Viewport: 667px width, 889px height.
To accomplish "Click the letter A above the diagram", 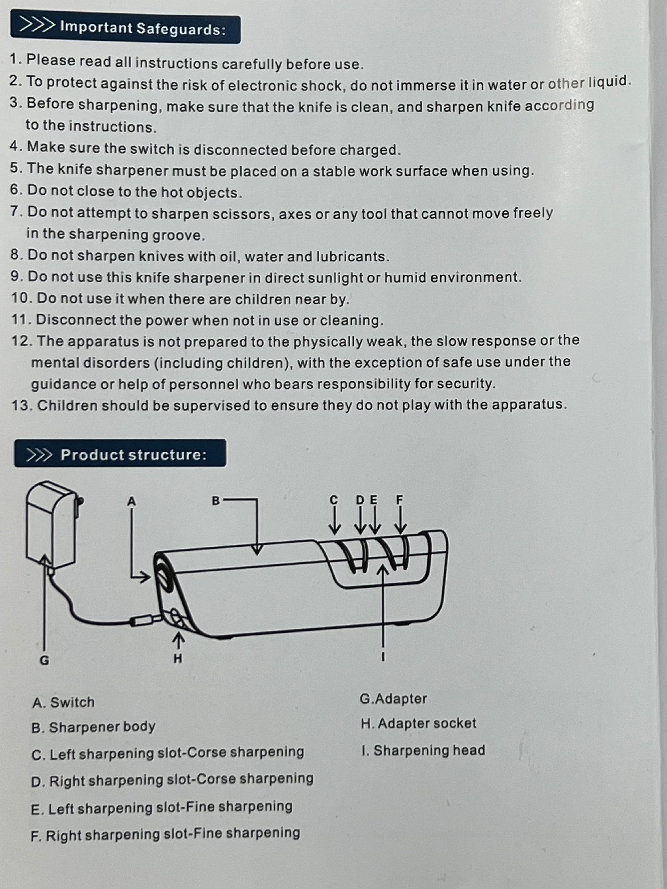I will [131, 502].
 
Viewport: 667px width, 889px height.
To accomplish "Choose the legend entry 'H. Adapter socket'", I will [418, 723].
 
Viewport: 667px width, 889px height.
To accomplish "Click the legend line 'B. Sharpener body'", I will [93, 727].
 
